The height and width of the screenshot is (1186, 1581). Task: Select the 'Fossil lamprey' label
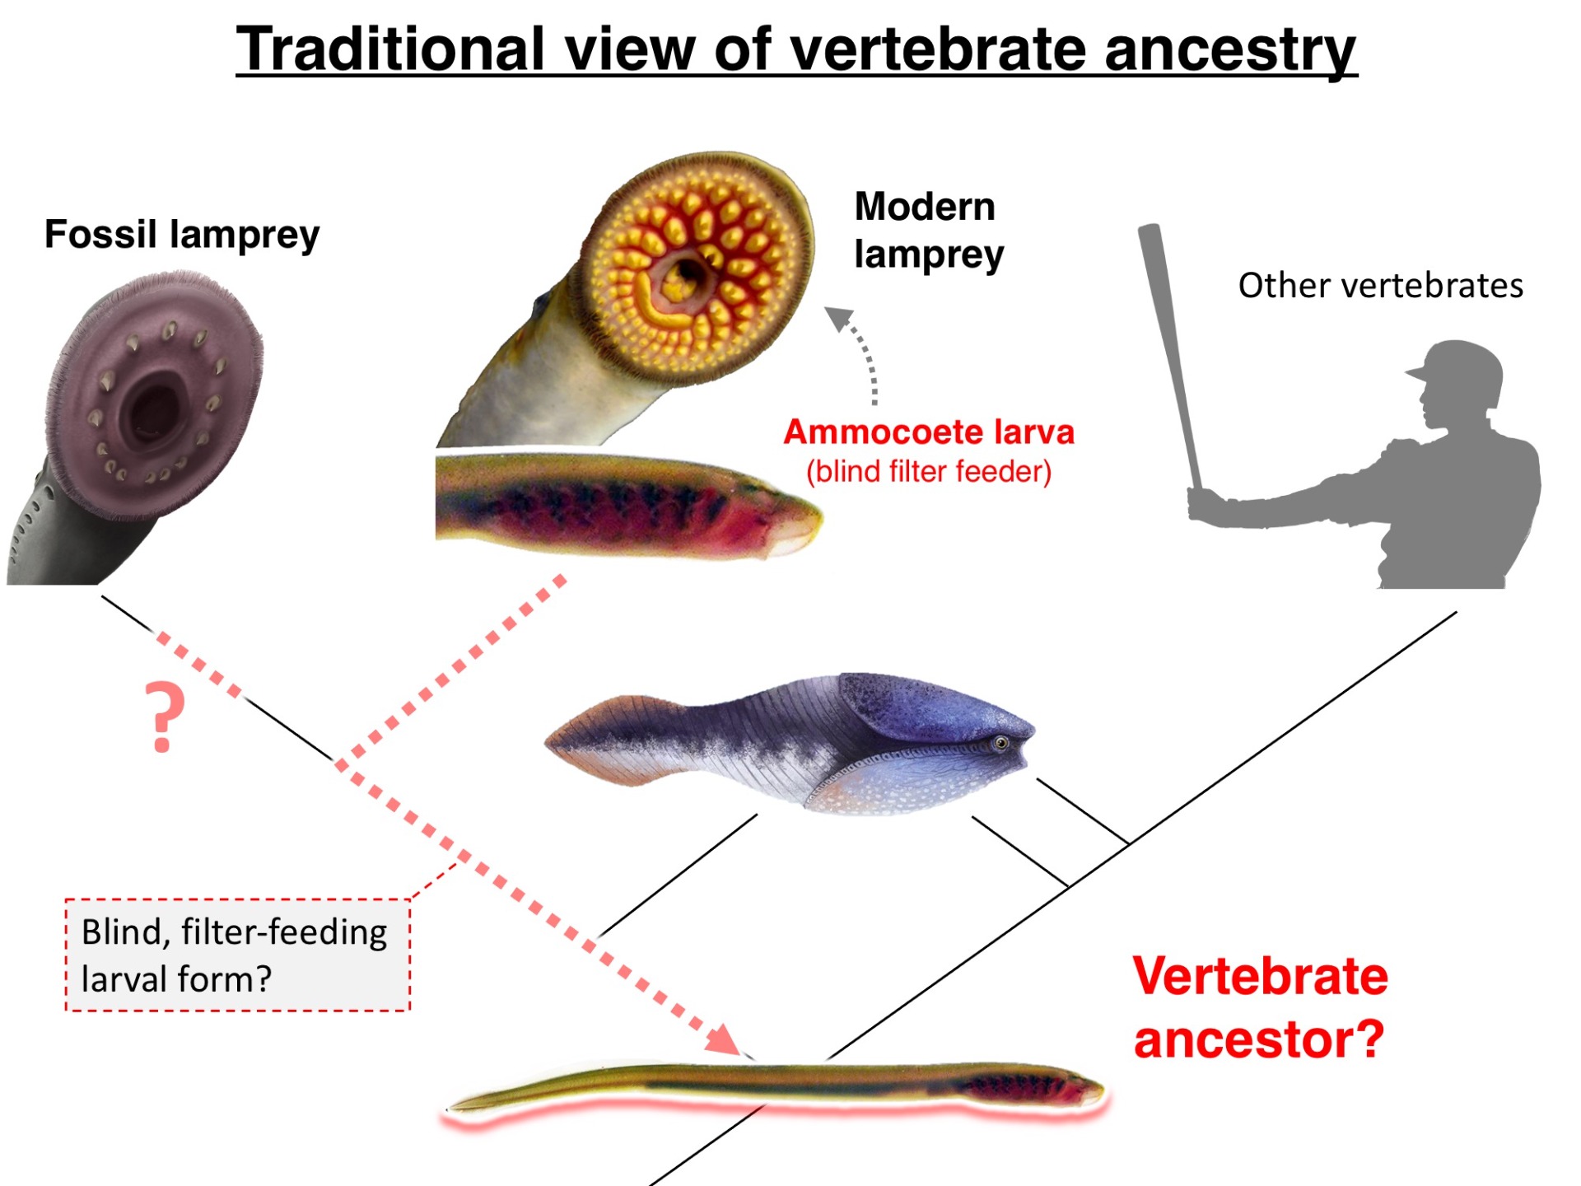click(182, 235)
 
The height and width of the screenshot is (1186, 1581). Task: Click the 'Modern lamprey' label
click(928, 230)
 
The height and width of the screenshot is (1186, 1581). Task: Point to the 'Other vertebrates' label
click(1380, 286)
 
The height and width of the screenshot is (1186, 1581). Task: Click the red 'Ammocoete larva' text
click(929, 432)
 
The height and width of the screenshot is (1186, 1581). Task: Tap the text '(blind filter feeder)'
click(929, 472)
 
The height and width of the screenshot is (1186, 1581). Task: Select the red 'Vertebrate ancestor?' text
click(1260, 1006)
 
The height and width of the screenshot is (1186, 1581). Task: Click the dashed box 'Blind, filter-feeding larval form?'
click(237, 955)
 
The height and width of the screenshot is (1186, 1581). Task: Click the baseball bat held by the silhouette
click(1168, 346)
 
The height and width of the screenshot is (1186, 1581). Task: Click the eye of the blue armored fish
click(1001, 743)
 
